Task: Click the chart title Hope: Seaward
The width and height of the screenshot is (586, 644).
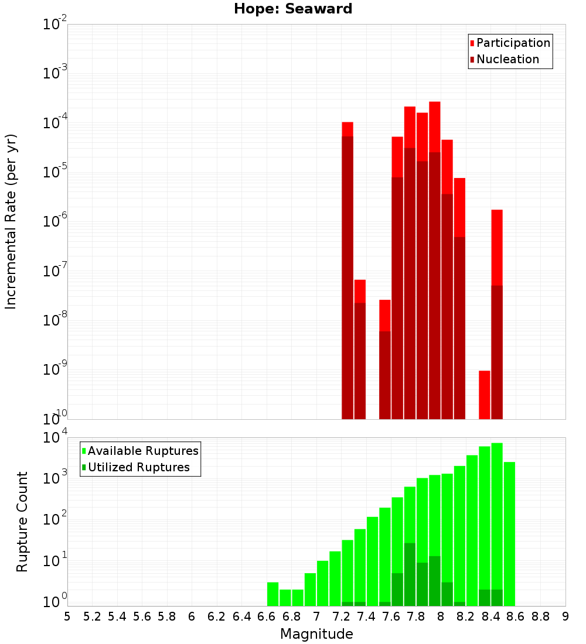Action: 293,9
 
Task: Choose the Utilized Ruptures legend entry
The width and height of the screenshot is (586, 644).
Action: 138,468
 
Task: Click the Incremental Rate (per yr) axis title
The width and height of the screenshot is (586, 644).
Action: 11,222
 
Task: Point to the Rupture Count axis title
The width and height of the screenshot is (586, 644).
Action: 22,522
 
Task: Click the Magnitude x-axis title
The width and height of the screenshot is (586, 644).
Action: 316,634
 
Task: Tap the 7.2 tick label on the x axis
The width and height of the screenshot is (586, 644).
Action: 342,616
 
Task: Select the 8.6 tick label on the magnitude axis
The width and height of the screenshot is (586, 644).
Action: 516,616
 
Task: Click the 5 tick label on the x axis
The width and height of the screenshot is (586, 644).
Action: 67,616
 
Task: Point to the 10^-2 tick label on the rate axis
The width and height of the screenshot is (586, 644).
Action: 54,25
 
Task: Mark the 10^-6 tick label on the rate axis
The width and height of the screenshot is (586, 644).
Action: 54,222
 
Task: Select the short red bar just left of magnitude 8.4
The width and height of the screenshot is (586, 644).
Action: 485,395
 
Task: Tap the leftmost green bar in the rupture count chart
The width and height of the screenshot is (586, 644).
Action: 272,594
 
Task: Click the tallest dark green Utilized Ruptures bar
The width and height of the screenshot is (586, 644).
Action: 410,574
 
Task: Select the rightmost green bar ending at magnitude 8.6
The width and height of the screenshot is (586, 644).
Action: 509,533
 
